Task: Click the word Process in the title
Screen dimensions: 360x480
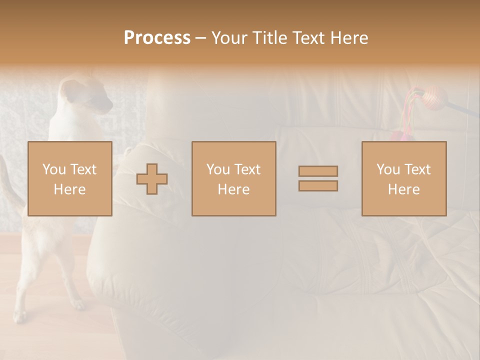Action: point(157,38)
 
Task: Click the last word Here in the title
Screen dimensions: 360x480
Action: point(349,38)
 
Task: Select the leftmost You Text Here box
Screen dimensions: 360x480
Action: point(69,178)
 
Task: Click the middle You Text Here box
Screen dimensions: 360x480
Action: point(233,178)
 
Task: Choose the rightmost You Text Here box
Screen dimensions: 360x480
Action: point(403,178)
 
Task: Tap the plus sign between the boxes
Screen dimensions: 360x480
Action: point(152,179)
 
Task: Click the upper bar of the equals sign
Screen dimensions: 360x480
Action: point(318,171)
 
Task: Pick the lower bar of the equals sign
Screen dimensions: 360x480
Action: point(318,186)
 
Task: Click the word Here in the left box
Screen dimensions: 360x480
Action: point(69,189)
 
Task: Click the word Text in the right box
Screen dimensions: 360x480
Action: point(417,169)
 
